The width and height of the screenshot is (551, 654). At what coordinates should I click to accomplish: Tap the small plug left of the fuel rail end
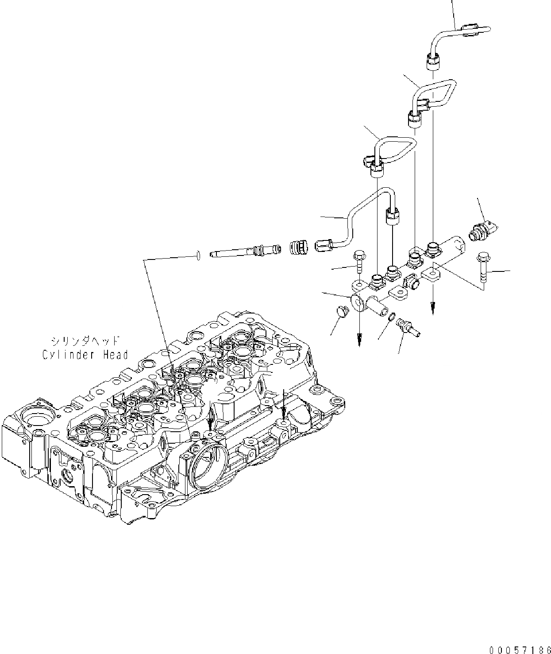coord(343,311)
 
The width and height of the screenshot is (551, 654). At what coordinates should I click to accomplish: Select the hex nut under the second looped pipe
coord(414,119)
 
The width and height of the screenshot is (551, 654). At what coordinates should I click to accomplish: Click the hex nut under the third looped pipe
coord(377,169)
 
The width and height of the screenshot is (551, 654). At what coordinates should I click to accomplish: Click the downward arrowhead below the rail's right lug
coord(432,307)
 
